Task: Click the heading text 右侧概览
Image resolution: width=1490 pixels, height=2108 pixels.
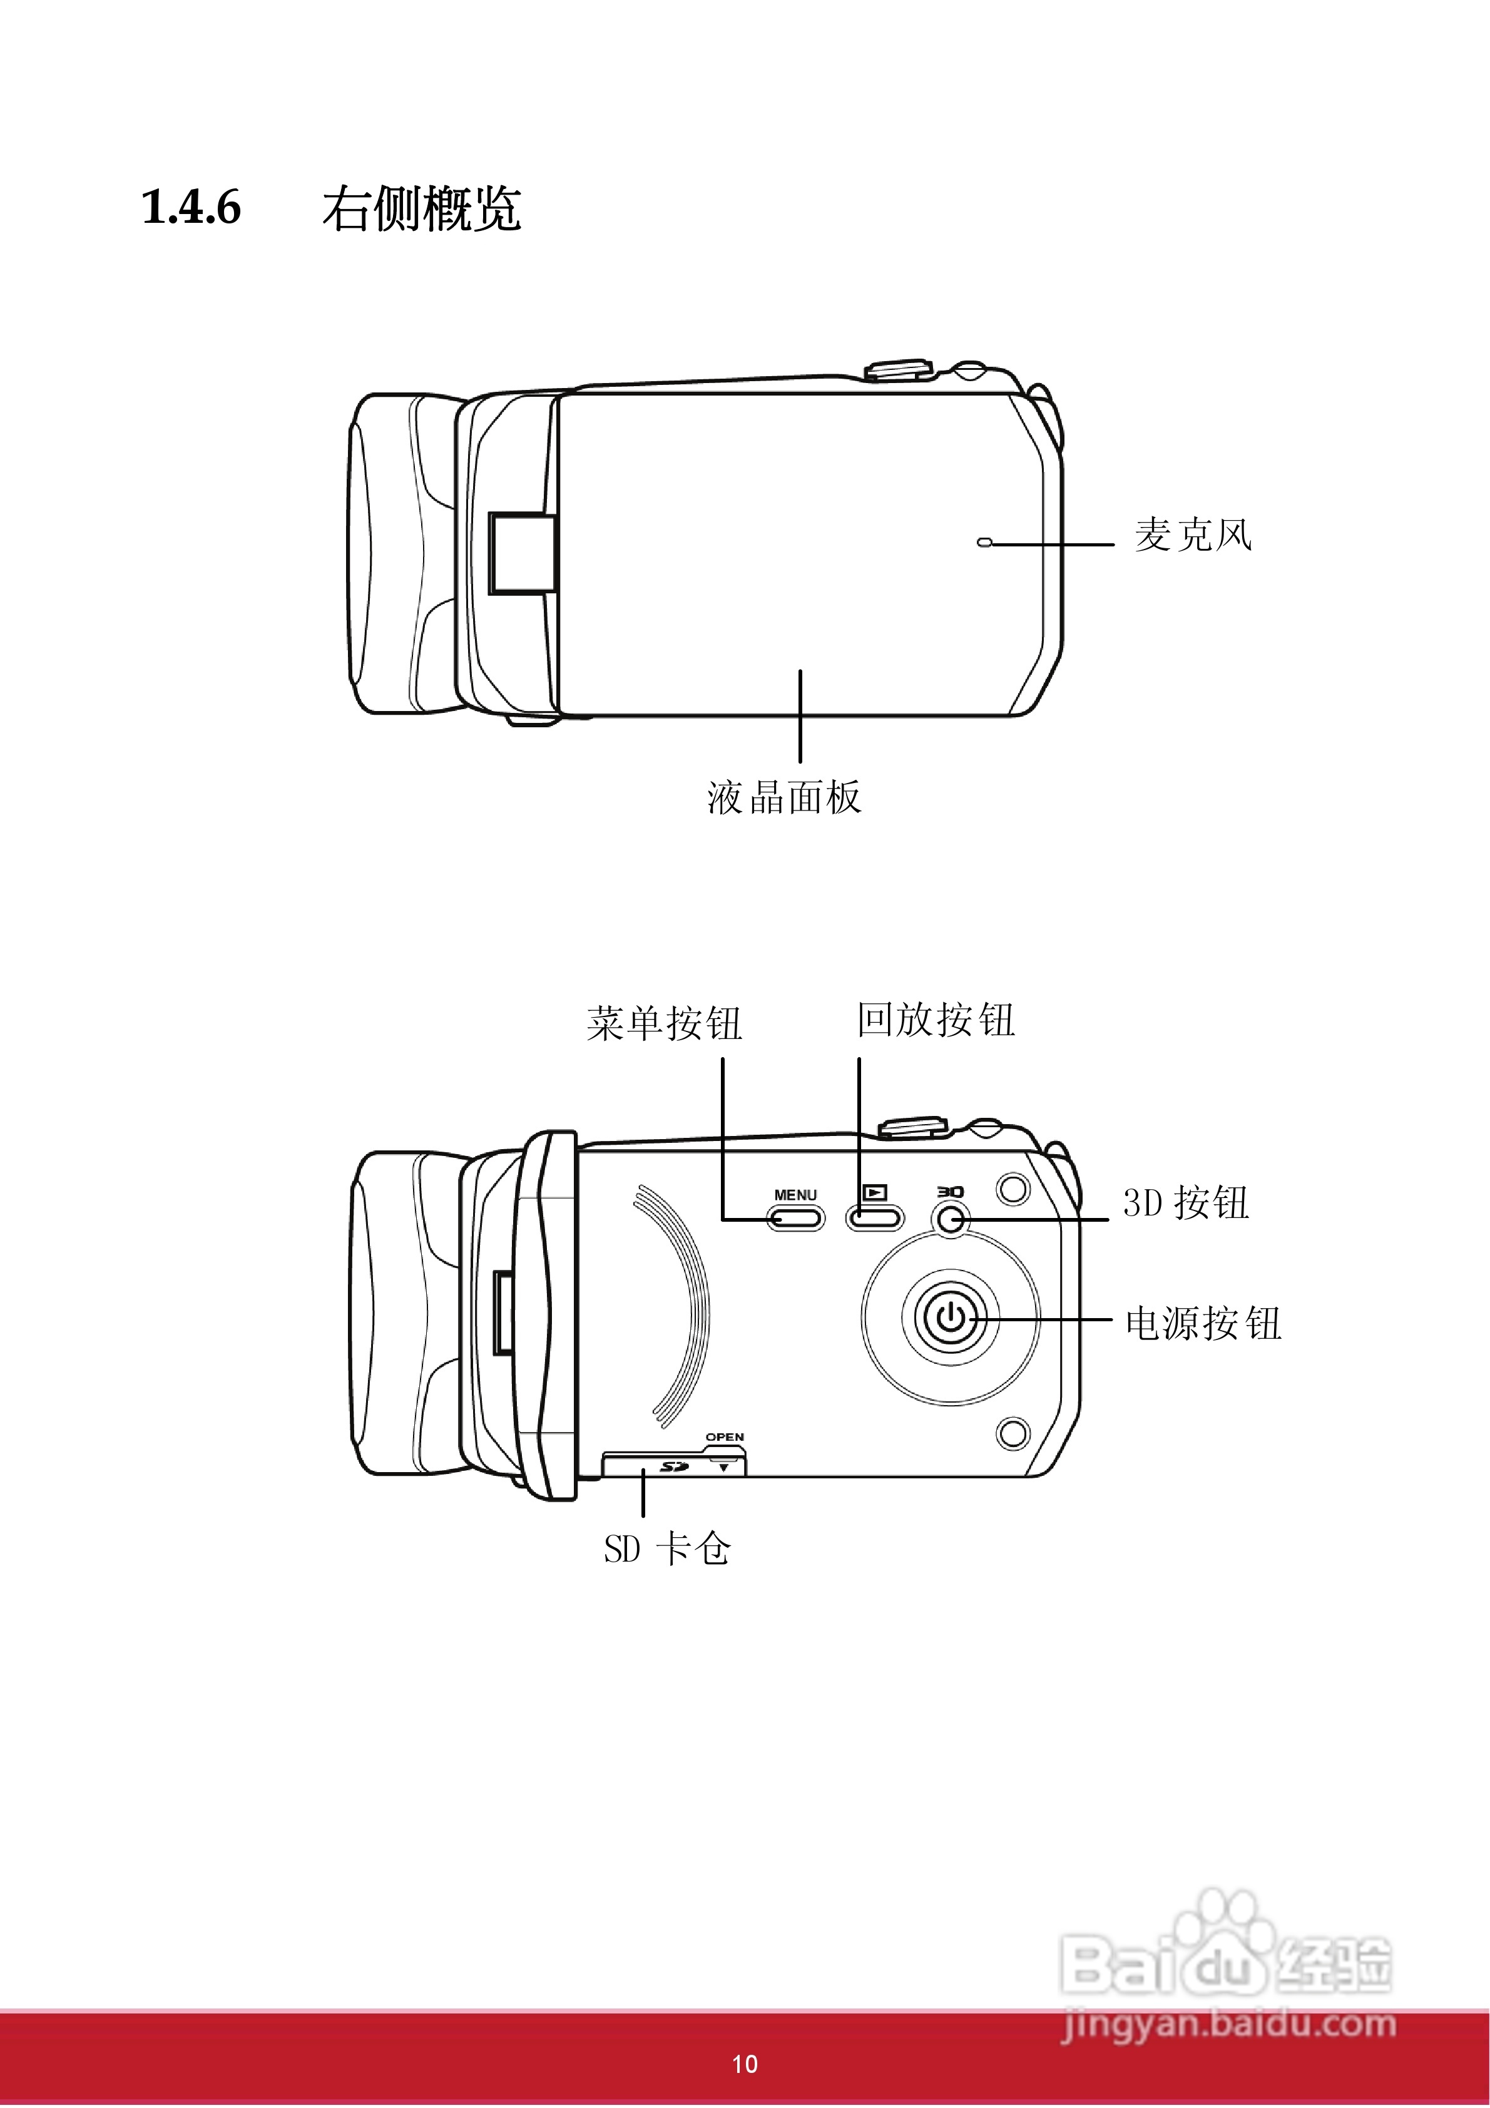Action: [421, 209]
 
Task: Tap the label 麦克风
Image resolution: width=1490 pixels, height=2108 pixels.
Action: [1193, 535]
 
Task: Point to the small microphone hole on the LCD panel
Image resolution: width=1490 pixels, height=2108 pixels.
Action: [984, 543]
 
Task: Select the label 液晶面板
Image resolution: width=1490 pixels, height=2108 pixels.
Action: [784, 797]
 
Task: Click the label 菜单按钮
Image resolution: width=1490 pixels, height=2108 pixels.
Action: [664, 1023]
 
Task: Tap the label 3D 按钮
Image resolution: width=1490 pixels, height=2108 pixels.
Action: [1185, 1203]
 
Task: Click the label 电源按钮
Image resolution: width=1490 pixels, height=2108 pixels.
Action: [1203, 1323]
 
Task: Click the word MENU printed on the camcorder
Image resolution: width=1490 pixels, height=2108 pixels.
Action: [795, 1194]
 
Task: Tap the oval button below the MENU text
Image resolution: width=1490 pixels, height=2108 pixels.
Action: [795, 1219]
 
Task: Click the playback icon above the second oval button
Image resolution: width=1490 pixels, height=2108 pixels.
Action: [875, 1193]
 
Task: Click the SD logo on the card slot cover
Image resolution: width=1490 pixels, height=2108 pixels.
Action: [675, 1466]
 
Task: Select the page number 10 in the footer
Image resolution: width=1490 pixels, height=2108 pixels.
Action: [745, 2065]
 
